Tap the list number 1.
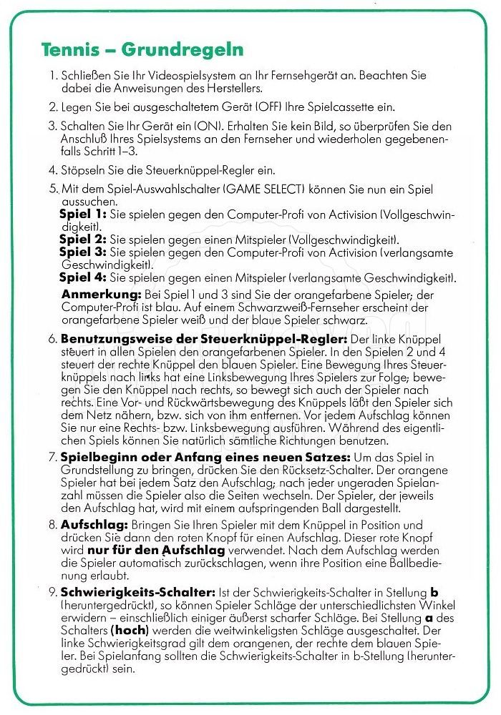click(52, 74)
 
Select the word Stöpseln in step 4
click(84, 171)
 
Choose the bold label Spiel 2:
click(83, 239)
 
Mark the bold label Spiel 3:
click(83, 252)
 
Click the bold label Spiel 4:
click(83, 277)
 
